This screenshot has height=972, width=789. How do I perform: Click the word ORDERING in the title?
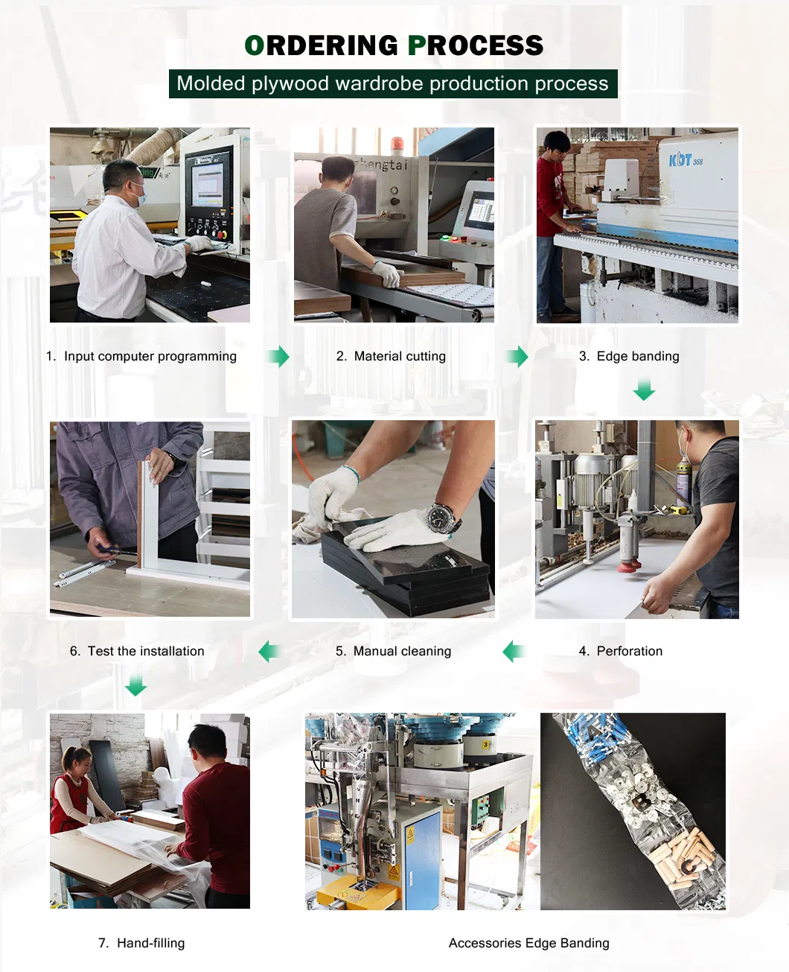pyautogui.click(x=322, y=45)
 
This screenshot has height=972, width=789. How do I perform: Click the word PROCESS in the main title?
pyautogui.click(x=476, y=45)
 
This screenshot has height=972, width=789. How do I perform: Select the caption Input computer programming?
pyautogui.click(x=141, y=356)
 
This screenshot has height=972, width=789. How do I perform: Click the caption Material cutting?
pyautogui.click(x=391, y=356)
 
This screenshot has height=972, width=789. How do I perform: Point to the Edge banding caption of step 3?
pyautogui.click(x=629, y=356)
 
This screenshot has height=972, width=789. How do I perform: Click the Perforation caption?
pyautogui.click(x=621, y=651)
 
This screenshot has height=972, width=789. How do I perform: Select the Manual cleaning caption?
pyautogui.click(x=393, y=651)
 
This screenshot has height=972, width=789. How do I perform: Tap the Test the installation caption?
pyautogui.click(x=137, y=651)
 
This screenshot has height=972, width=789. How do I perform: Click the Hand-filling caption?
pyautogui.click(x=141, y=943)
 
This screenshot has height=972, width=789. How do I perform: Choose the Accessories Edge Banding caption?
pyautogui.click(x=528, y=943)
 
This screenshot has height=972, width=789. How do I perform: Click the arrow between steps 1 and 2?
pyautogui.click(x=279, y=357)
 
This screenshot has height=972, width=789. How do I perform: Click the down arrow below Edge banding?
pyautogui.click(x=644, y=389)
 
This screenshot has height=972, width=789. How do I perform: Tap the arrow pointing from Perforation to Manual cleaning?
pyautogui.click(x=514, y=652)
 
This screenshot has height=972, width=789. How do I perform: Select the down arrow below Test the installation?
pyautogui.click(x=135, y=685)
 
